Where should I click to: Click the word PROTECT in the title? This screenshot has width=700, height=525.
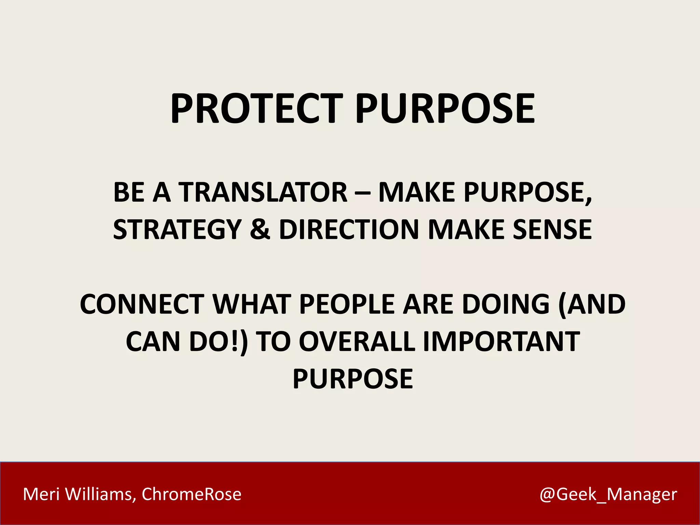pyautogui.click(x=256, y=109)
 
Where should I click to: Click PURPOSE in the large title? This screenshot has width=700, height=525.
pyautogui.click(x=445, y=109)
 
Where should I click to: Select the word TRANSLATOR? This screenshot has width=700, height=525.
pyautogui.click(x=263, y=192)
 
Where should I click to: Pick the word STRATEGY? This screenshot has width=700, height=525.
pyautogui.click(x=177, y=229)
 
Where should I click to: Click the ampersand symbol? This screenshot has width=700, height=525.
pyautogui.click(x=260, y=229)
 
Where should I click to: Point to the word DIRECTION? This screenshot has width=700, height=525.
pyautogui.click(x=349, y=229)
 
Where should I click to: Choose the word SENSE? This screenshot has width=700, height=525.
pyautogui.click(x=552, y=229)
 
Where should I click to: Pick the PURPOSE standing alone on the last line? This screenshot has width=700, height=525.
pyautogui.click(x=353, y=379)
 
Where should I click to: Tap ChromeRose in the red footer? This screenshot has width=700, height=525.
pyautogui.click(x=191, y=494)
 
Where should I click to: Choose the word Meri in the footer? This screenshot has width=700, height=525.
pyautogui.click(x=41, y=494)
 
